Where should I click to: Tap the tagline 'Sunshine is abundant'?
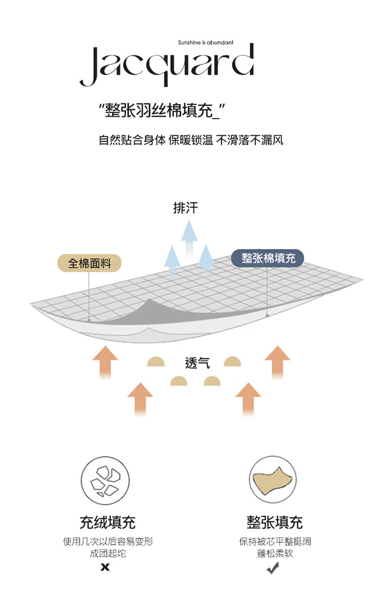point(206,43)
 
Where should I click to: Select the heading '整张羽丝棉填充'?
point(159,111)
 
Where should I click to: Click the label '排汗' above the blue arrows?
point(185,208)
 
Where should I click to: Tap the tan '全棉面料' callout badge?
point(89,263)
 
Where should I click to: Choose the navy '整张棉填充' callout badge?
point(268,258)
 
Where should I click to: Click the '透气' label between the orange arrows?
point(197,363)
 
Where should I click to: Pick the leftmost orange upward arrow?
point(105,361)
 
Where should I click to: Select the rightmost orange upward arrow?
point(278,361)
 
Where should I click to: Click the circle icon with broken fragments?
point(105,481)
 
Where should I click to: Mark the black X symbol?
point(105,567)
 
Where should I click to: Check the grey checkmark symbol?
point(273,568)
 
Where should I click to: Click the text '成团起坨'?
point(108,553)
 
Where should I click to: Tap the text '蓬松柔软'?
point(275,553)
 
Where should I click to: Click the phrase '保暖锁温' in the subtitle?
point(191,140)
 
